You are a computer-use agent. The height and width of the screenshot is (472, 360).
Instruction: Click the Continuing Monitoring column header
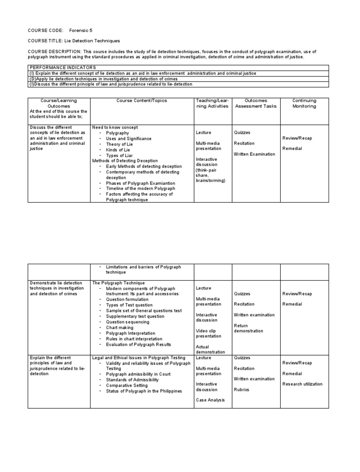pyautogui.click(x=304, y=103)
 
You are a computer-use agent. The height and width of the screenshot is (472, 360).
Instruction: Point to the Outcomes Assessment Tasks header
pyautogui.click(x=256, y=103)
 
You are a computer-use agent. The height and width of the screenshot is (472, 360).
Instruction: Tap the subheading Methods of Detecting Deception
pyautogui.click(x=125, y=160)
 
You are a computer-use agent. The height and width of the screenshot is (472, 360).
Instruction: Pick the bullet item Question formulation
pyautogui.click(x=127, y=299)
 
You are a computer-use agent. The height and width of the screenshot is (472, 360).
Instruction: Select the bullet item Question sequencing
pyautogui.click(x=127, y=322)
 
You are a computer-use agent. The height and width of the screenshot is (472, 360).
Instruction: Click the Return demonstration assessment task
pyautogui.click(x=248, y=328)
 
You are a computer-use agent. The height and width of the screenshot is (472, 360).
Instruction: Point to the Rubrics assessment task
pyautogui.click(x=242, y=389)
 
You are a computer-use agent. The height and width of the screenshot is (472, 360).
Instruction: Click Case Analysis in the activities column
pyautogui.click(x=210, y=400)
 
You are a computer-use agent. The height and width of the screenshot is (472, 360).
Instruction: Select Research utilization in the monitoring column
pyautogui.click(x=302, y=384)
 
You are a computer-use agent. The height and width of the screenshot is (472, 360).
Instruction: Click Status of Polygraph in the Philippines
pyautogui.click(x=144, y=391)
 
